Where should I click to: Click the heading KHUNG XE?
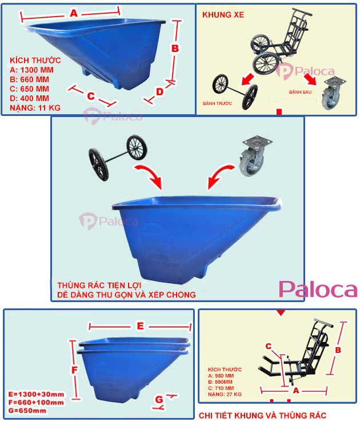(x=223, y=14)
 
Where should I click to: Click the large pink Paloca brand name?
(x=318, y=290)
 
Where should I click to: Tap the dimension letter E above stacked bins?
(x=140, y=326)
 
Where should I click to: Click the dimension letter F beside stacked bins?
(x=74, y=370)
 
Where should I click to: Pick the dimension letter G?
(x=159, y=400)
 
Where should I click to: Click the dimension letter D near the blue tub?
(x=160, y=92)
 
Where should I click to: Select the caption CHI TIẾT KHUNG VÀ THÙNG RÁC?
(x=262, y=416)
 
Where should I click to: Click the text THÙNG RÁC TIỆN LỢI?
(x=99, y=284)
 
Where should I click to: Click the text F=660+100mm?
(x=37, y=403)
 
